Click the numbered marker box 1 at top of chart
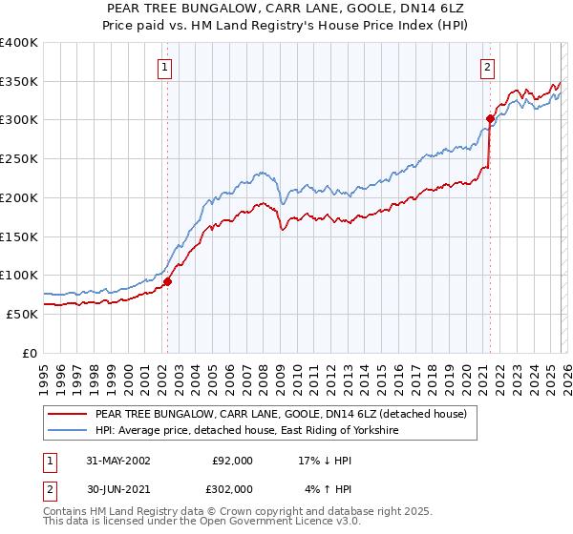pos(166,67)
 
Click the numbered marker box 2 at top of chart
pos(488,67)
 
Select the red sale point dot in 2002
pos(167,281)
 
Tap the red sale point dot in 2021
pos(490,119)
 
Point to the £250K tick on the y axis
pos(19,159)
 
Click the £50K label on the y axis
pos(21,314)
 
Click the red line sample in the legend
pos(67,415)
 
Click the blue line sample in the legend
pos(67,431)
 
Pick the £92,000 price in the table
pos(232,461)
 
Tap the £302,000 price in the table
pos(232,489)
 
